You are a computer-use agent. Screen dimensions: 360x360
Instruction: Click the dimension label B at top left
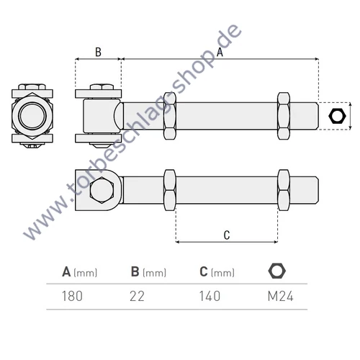coord(98,51)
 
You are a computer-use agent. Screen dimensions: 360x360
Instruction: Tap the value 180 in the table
coord(73,295)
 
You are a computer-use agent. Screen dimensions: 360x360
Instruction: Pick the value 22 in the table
coord(138,295)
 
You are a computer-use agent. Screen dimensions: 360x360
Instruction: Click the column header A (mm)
coord(79,272)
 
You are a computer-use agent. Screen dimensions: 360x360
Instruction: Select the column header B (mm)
coord(149,272)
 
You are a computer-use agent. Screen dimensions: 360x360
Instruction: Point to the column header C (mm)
coord(217,272)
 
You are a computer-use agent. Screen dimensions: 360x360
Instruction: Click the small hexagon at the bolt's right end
coord(336,116)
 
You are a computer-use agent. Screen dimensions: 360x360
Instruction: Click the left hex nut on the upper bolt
coord(171,115)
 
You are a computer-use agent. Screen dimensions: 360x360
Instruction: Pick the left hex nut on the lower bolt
coord(171,191)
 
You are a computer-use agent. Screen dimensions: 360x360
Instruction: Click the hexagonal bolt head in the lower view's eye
coord(100,192)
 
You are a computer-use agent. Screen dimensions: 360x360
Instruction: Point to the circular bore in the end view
coord(32,115)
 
